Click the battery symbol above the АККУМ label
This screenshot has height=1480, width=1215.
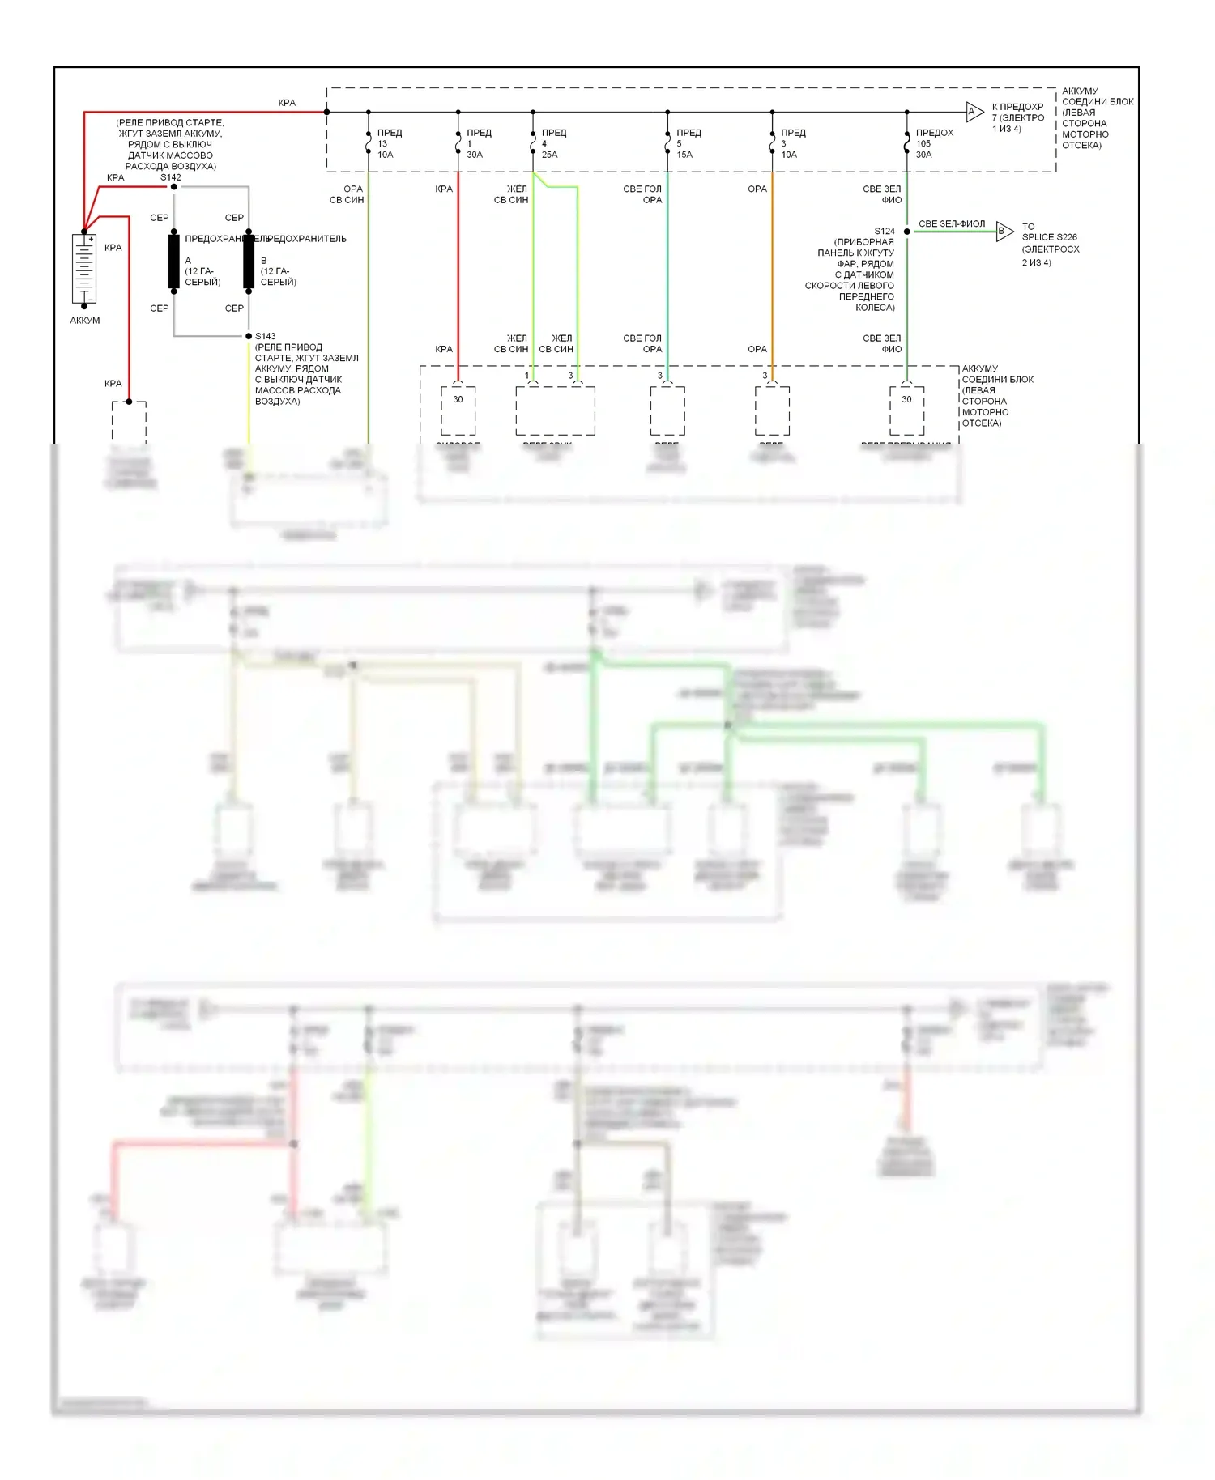[84, 269]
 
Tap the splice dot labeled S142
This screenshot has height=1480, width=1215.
[173, 187]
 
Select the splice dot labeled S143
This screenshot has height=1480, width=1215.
[249, 336]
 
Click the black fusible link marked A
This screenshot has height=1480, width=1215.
[173, 262]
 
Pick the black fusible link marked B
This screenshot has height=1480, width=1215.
[249, 262]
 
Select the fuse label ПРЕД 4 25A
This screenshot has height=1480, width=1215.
[553, 143]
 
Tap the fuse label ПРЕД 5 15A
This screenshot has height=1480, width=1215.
[688, 143]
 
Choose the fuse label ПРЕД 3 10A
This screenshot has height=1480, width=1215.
[792, 143]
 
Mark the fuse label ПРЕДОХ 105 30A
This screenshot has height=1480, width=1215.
[934, 143]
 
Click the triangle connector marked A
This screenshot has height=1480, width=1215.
[974, 112]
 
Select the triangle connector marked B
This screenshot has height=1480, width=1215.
[1004, 232]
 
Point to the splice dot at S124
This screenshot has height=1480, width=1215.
[907, 232]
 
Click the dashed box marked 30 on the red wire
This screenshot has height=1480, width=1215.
[458, 410]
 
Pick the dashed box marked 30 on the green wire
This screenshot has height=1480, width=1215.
[906, 410]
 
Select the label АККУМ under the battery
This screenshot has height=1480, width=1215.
[85, 321]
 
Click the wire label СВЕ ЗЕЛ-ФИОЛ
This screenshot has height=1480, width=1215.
[952, 223]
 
